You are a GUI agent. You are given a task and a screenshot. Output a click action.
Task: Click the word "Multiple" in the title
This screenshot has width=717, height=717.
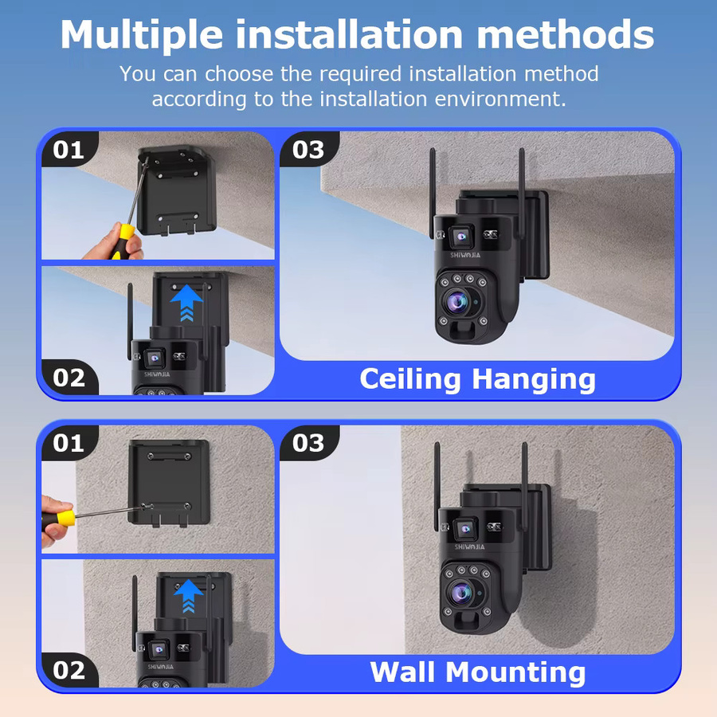pyautogui.click(x=142, y=36)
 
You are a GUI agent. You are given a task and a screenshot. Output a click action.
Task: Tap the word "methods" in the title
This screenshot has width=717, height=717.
pyautogui.click(x=566, y=35)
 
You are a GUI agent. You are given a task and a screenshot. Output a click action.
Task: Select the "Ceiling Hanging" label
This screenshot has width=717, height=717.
pyautogui.click(x=477, y=379)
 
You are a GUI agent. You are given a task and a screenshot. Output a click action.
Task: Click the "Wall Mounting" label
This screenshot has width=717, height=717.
pyautogui.click(x=478, y=672)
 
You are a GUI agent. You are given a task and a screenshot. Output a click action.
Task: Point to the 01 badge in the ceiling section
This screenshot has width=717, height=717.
pyautogui.click(x=69, y=149)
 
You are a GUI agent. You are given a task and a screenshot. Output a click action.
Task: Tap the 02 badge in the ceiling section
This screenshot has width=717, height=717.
pyautogui.click(x=69, y=378)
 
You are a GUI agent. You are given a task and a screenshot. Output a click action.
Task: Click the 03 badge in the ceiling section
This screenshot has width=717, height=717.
pyautogui.click(x=308, y=149)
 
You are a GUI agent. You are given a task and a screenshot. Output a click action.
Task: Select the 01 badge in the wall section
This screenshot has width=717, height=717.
pyautogui.click(x=69, y=443)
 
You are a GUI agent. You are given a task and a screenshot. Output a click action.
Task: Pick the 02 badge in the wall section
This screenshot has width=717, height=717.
pyautogui.click(x=69, y=670)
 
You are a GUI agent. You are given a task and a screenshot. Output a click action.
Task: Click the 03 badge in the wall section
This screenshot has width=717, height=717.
pyautogui.click(x=308, y=443)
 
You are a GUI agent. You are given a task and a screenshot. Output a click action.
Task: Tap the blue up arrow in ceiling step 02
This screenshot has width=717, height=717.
pyautogui.click(x=186, y=303)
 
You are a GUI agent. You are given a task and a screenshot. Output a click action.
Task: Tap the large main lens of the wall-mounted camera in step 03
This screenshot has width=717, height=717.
pyautogui.click(x=461, y=593)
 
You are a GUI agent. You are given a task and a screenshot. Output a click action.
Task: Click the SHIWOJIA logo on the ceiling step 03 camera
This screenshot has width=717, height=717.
pyautogui.click(x=465, y=255)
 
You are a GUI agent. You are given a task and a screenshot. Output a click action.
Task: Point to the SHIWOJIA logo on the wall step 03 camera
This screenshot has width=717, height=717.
pyautogui.click(x=469, y=547)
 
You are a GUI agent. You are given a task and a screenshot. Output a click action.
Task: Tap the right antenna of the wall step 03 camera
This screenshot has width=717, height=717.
pyautogui.click(x=525, y=484)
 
